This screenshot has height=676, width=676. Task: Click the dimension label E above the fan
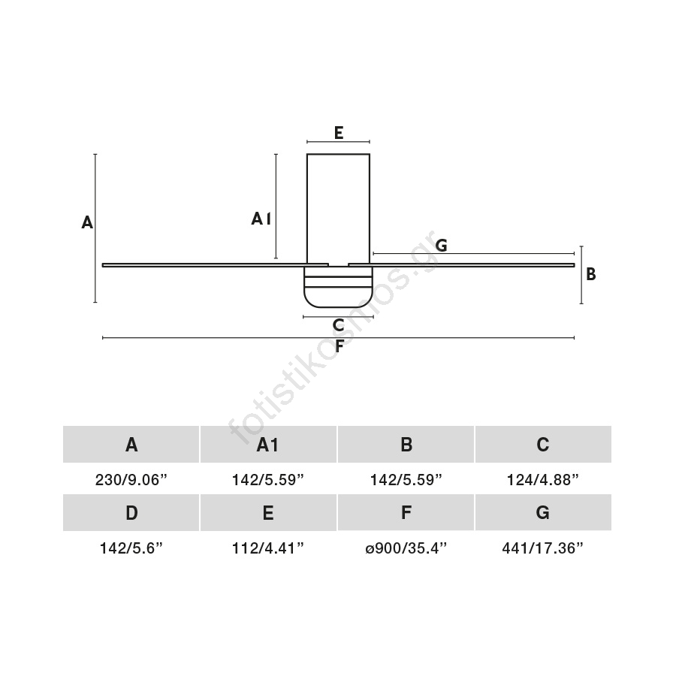[339, 133]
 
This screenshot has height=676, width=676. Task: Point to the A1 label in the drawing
[261, 219]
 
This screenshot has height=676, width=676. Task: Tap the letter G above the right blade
[441, 246]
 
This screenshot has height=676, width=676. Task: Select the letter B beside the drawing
[590, 274]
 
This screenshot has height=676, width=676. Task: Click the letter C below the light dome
[339, 325]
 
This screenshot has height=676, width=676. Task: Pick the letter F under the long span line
[340, 346]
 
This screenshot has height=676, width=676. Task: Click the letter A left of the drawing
[87, 222]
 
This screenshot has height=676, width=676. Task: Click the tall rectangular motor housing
[339, 209]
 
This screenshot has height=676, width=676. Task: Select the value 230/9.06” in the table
[131, 479]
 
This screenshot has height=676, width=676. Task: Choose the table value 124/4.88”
[543, 479]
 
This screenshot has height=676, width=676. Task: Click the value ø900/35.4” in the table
[406, 548]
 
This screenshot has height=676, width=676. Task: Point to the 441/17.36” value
[543, 548]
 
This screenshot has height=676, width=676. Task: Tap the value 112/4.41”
[268, 548]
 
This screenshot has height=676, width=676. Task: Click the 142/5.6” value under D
[131, 548]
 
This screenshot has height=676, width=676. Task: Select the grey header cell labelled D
[131, 512]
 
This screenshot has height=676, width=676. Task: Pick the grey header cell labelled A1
[268, 444]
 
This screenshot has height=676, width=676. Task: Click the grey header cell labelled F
[406, 512]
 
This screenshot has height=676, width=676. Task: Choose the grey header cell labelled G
[543, 512]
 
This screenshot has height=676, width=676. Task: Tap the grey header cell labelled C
[543, 444]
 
